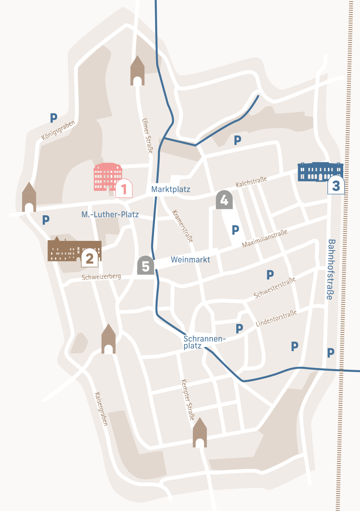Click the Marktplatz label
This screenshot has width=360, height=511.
(171, 189)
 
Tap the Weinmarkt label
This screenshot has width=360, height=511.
(190, 259)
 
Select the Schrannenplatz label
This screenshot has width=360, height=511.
(204, 342)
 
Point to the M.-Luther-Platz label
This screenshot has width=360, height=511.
(110, 214)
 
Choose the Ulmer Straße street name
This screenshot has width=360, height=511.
(147, 136)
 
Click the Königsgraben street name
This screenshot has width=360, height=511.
(58, 130)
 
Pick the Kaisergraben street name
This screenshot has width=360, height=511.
(101, 409)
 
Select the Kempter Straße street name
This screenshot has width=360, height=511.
(188, 400)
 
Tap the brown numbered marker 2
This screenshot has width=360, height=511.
(89, 258)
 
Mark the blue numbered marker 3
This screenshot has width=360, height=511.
(336, 185)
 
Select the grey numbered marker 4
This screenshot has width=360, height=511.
(224, 200)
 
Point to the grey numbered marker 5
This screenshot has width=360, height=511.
(145, 265)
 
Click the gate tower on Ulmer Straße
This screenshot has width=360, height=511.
(137, 71)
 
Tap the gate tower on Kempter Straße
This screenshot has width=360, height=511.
(200, 433)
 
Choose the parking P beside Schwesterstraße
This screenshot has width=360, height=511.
(270, 274)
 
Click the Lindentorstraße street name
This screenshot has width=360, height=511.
(276, 318)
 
